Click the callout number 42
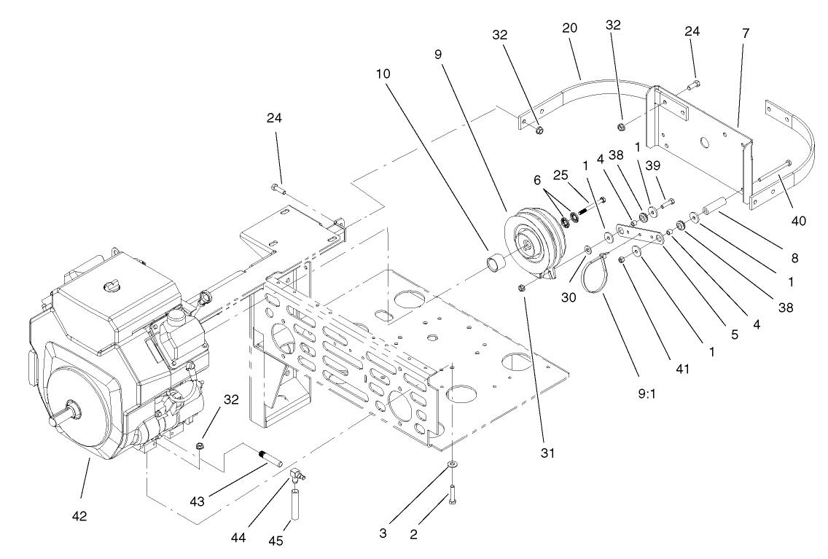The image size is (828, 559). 79,516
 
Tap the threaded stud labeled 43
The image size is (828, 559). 273,458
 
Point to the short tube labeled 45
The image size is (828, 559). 297,505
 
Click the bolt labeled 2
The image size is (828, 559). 453,497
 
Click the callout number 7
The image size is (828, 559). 745,34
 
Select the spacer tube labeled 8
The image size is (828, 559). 715,203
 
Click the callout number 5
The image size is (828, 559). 735,336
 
